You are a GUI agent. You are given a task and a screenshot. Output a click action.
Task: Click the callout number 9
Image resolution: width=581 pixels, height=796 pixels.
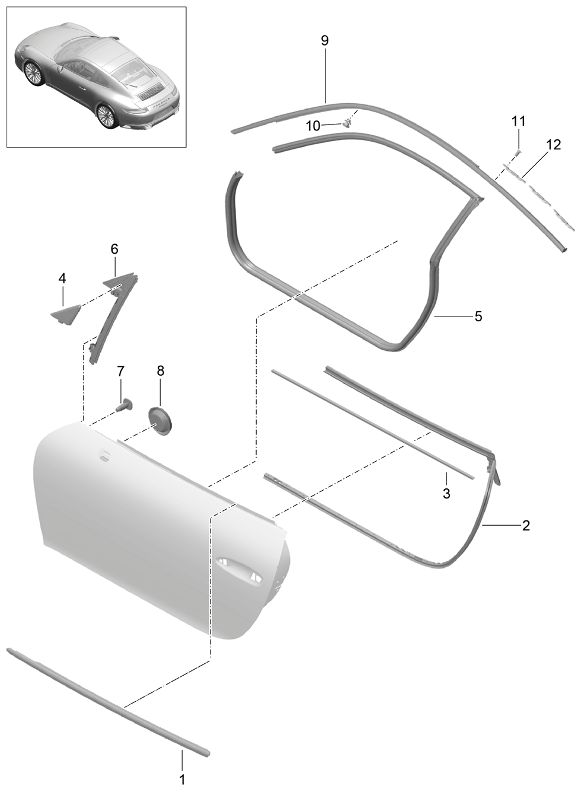pyautogui.click(x=324, y=40)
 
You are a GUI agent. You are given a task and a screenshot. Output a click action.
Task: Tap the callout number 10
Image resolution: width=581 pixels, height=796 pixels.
pyautogui.click(x=313, y=126)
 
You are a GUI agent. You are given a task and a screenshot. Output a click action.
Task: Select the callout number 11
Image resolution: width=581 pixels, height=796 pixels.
pyautogui.click(x=518, y=121)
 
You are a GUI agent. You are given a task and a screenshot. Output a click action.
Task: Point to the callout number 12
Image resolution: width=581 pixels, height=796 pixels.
pyautogui.click(x=554, y=145)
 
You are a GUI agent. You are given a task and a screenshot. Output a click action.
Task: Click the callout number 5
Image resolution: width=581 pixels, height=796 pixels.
pyautogui.click(x=478, y=316)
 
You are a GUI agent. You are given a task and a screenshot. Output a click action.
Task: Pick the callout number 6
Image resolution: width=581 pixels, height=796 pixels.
pyautogui.click(x=114, y=249)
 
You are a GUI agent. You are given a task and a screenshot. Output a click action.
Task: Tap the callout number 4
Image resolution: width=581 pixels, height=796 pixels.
pyautogui.click(x=62, y=279)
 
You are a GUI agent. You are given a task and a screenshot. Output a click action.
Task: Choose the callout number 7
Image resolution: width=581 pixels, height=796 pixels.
pyautogui.click(x=121, y=372)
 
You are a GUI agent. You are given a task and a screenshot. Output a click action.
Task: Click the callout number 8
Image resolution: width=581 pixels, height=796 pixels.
pyautogui.click(x=160, y=371)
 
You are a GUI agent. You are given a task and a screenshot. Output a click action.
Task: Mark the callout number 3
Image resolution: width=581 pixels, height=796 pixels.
pyautogui.click(x=446, y=493)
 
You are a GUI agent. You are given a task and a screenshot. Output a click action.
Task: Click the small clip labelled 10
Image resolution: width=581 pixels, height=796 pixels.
pyautogui.click(x=347, y=123)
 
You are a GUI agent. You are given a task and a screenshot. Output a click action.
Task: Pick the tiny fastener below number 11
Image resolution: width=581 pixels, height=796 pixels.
pyautogui.click(x=518, y=153)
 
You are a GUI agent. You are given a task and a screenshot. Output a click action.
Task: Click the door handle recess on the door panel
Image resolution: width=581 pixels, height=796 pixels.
pyautogui.click(x=238, y=569)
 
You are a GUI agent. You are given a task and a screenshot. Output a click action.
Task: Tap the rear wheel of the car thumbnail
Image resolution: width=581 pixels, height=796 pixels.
pyautogui.click(x=107, y=116)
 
